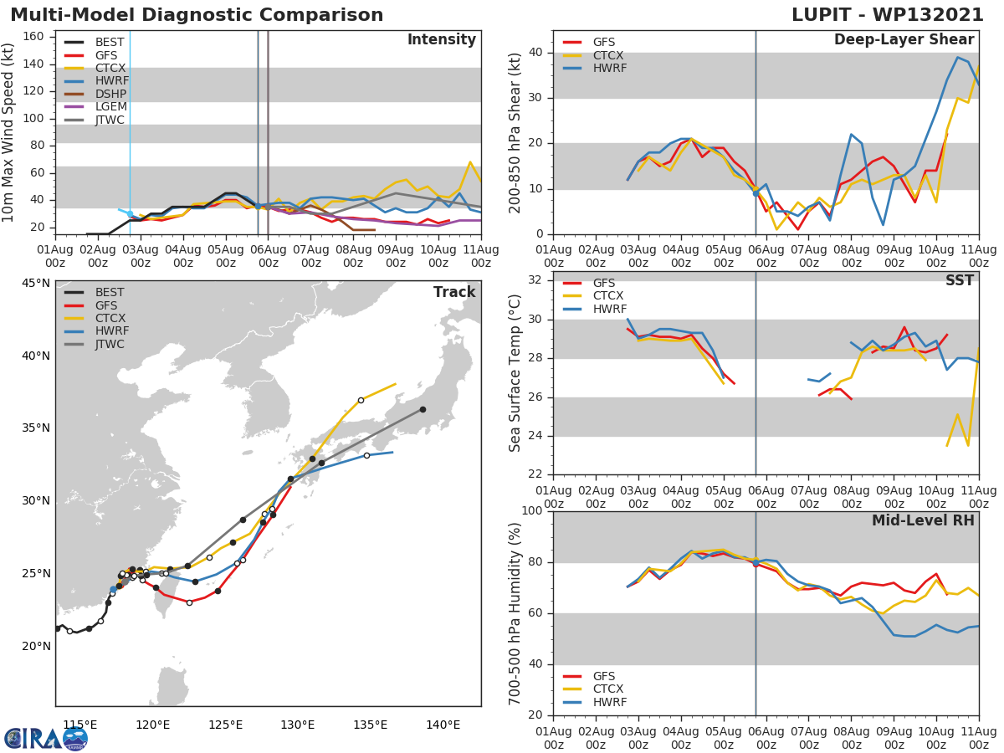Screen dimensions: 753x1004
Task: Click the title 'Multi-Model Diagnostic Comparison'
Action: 197,15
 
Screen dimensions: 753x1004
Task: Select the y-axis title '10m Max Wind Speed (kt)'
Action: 9,132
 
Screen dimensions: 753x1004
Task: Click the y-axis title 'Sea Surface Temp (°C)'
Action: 515,373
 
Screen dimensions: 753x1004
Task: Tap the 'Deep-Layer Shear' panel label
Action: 904,40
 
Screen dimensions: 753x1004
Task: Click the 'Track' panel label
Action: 454,292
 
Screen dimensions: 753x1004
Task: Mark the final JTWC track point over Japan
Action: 423,409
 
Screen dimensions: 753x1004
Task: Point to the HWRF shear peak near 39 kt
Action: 958,57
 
